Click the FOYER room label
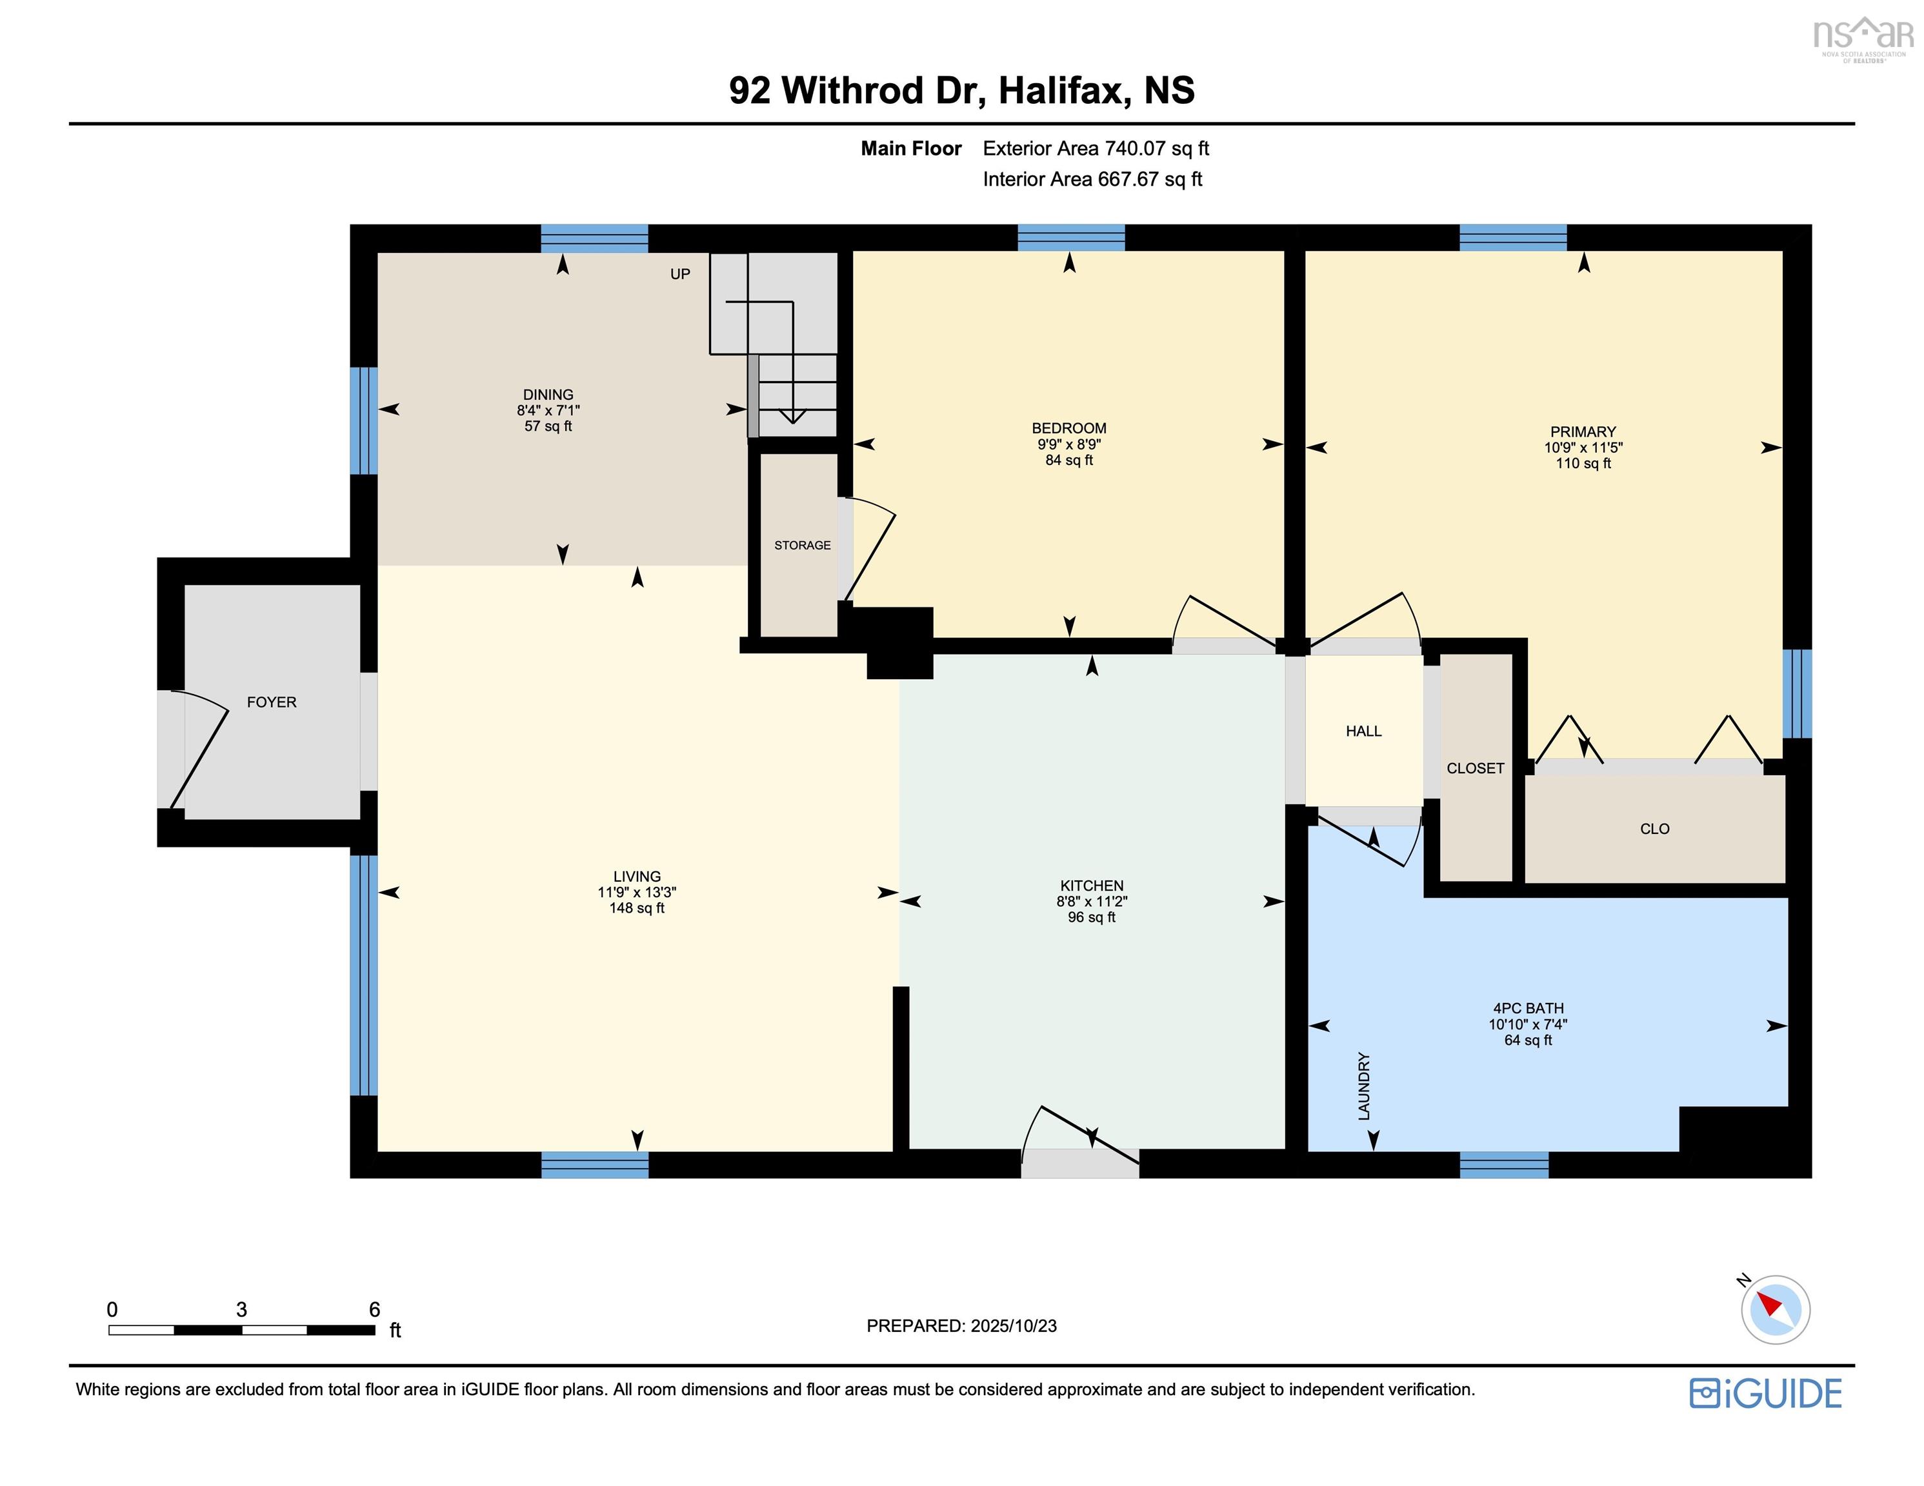[272, 702]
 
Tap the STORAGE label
[801, 545]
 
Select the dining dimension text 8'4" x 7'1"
[548, 410]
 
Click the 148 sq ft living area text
[636, 908]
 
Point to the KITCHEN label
[1092, 886]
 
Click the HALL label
[1363, 731]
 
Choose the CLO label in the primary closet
[1654, 829]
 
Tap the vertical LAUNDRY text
[1364, 1086]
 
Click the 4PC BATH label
[1528, 1009]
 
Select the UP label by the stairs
[679, 274]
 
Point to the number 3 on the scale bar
[241, 1310]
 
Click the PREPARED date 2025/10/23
[1012, 1325]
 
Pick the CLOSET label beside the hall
[1475, 768]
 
